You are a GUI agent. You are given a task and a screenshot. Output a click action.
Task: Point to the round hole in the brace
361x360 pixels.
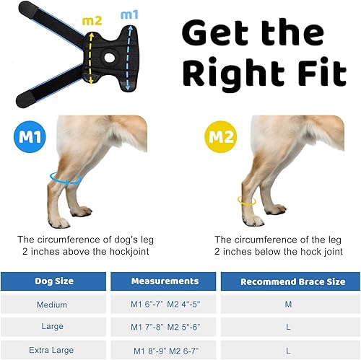coord(110,57)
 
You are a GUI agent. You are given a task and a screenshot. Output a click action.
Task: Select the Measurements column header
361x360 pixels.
coord(165,281)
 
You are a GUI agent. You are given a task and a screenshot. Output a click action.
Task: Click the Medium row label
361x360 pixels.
coord(52,304)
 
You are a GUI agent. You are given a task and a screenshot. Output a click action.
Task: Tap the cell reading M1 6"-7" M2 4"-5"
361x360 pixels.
coord(165,304)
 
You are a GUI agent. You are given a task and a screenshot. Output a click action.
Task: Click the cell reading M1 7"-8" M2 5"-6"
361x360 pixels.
coord(165,327)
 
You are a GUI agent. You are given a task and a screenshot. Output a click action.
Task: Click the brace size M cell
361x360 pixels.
coord(288,304)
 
